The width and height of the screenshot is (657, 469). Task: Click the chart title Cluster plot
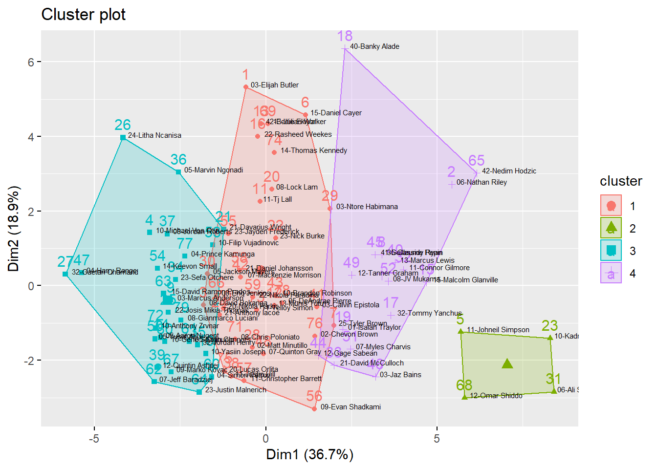coord(84,15)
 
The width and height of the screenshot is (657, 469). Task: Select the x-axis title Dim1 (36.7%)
coord(309,454)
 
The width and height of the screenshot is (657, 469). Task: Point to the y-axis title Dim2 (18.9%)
coord(13,229)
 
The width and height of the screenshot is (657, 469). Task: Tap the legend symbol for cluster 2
coord(611,228)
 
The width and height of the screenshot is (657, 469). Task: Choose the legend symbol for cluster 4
coord(611,273)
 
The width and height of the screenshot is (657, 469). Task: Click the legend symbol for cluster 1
coord(611,206)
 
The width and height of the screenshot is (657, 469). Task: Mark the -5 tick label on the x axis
coord(94,438)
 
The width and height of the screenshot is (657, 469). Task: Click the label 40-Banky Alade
coord(374,46)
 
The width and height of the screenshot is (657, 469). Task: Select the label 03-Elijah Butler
coord(275,85)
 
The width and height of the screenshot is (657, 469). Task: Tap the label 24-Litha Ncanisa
coord(154,135)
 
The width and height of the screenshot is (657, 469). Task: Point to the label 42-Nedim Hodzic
coord(509,171)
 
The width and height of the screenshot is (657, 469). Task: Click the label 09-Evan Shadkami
coord(350,407)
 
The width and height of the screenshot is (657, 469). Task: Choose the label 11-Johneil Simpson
coord(498,330)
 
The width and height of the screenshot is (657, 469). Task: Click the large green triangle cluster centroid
coord(507,363)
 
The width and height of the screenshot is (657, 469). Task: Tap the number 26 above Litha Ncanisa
coord(123,125)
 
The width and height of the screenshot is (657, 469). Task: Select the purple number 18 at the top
coord(345,36)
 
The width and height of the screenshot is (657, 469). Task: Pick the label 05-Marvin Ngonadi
coord(214,170)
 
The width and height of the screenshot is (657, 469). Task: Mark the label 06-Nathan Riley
coord(482,182)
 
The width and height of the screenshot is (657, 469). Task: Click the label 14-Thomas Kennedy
coord(314,150)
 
